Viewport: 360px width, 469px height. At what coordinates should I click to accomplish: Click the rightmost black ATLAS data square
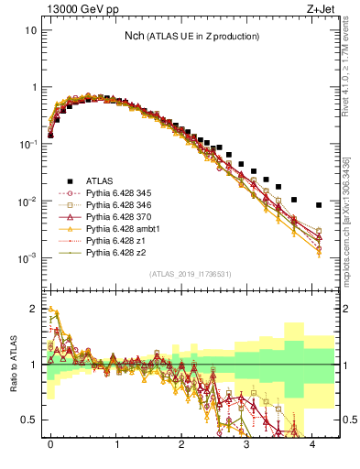318,205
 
